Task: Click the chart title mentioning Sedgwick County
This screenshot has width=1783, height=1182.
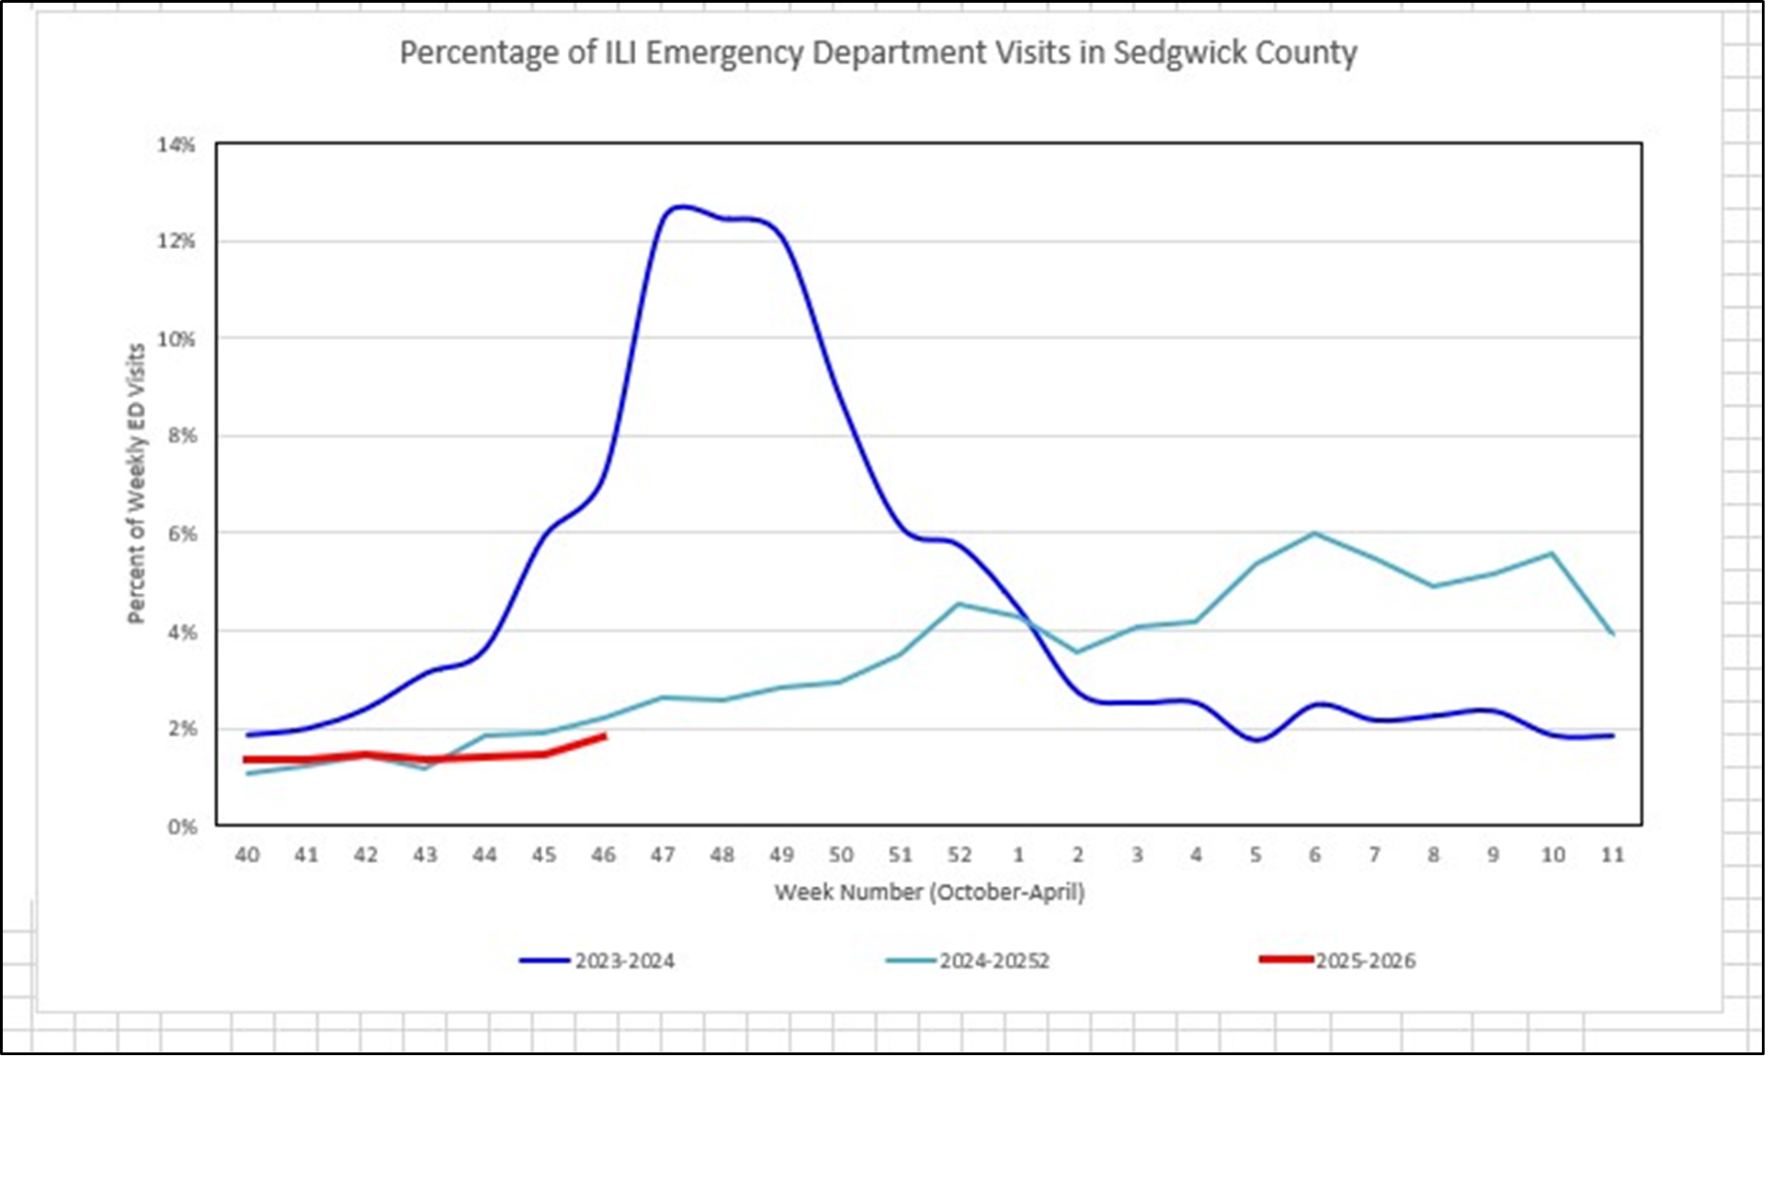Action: coord(878,52)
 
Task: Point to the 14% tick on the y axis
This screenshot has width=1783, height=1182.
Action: coord(176,144)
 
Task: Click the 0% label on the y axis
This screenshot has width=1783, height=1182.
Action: coord(182,826)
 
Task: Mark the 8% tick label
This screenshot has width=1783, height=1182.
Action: coord(182,436)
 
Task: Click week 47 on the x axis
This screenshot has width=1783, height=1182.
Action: coord(663,855)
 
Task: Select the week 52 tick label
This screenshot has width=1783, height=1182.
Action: coord(959,855)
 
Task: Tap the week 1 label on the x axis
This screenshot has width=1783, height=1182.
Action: coord(1018,855)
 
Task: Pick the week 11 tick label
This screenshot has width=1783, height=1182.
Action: coord(1612,855)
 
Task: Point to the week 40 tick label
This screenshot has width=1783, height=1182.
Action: coord(247,855)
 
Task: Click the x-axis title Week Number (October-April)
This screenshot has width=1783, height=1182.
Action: coord(929,892)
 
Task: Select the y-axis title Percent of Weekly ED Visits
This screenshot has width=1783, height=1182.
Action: coord(136,483)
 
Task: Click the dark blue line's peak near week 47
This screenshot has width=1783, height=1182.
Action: coord(678,207)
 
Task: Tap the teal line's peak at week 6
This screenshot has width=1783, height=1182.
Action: coord(1315,533)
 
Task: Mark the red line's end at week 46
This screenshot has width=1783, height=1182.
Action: coord(604,736)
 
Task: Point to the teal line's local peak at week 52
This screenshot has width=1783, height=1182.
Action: coord(959,604)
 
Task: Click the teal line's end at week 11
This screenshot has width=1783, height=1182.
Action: coord(1612,633)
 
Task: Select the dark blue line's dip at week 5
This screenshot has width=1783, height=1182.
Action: coord(1256,740)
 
